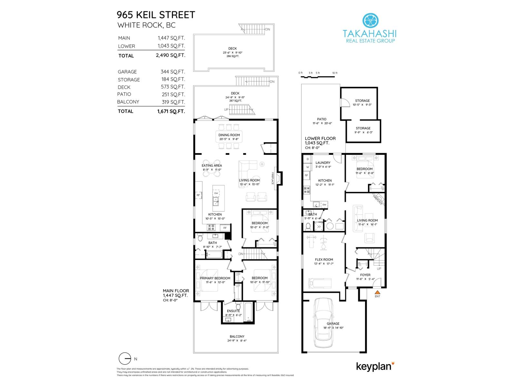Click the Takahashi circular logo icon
[370, 20]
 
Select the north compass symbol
[125, 359]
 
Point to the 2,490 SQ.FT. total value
[170, 55]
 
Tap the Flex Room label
[324, 259]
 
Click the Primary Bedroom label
[215, 278]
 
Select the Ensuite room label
[233, 311]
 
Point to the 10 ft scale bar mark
[334, 73]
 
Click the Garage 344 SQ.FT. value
[173, 72]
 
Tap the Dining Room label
[229, 135]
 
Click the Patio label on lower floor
[321, 119]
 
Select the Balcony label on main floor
[237, 336]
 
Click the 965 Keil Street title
[156, 15]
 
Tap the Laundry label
[323, 163]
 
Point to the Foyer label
[365, 275]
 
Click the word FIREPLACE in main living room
[273, 178]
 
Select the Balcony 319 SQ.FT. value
[173, 102]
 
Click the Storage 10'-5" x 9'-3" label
[362, 101]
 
